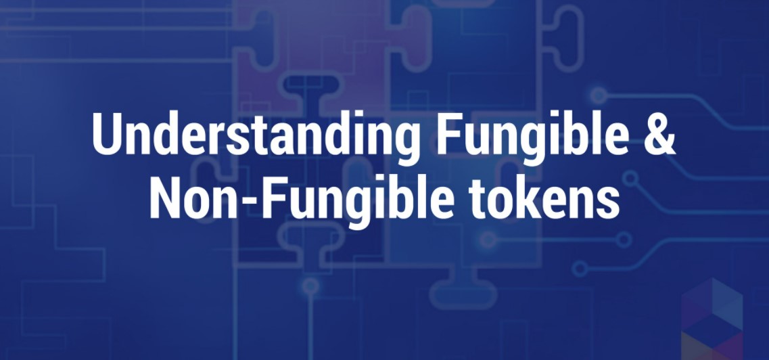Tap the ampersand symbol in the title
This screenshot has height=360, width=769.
pos(661,134)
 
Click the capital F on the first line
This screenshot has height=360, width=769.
pos(448,134)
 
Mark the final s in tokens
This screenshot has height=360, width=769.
pos(609,202)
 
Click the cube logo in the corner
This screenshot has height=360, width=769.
pos(712,319)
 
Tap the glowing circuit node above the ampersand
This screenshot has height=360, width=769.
pos(599,95)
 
